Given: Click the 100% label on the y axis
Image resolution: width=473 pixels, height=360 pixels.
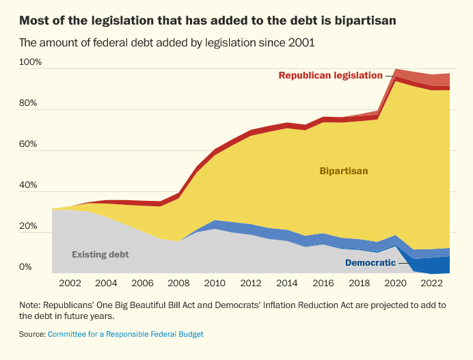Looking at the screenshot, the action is click(x=30, y=62).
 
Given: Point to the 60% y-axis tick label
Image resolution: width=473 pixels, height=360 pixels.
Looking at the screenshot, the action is click(x=28, y=144).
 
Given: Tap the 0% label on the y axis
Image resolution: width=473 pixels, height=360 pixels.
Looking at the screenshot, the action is click(x=25, y=267).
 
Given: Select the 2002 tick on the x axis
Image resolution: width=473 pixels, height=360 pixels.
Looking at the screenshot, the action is click(x=70, y=283).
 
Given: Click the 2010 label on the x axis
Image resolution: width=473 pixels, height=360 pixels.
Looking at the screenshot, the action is click(x=215, y=283).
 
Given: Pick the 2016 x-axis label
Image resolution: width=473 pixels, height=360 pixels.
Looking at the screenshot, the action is click(x=323, y=283).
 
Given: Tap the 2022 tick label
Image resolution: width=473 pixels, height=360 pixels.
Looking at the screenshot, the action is click(x=432, y=283).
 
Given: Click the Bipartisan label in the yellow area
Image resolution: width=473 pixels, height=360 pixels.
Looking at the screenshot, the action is click(x=344, y=171).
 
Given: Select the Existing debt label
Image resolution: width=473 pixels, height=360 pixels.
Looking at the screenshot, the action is click(x=100, y=255).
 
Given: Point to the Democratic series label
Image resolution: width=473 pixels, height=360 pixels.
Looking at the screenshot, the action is click(x=370, y=263).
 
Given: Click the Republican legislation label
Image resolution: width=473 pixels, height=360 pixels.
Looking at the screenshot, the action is click(x=330, y=75).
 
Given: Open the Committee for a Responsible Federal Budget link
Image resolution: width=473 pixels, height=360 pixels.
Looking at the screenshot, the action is click(x=126, y=334).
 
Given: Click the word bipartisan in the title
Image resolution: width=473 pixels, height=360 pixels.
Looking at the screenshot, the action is click(x=365, y=20).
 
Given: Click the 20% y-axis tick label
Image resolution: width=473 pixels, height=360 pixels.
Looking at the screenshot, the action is click(x=28, y=226).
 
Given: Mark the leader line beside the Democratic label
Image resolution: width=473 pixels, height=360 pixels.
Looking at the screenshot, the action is click(x=404, y=263).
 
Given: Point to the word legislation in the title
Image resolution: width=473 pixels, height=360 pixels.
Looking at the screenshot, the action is click(x=122, y=20).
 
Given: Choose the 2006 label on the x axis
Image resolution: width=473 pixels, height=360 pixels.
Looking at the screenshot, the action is click(x=142, y=283).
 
